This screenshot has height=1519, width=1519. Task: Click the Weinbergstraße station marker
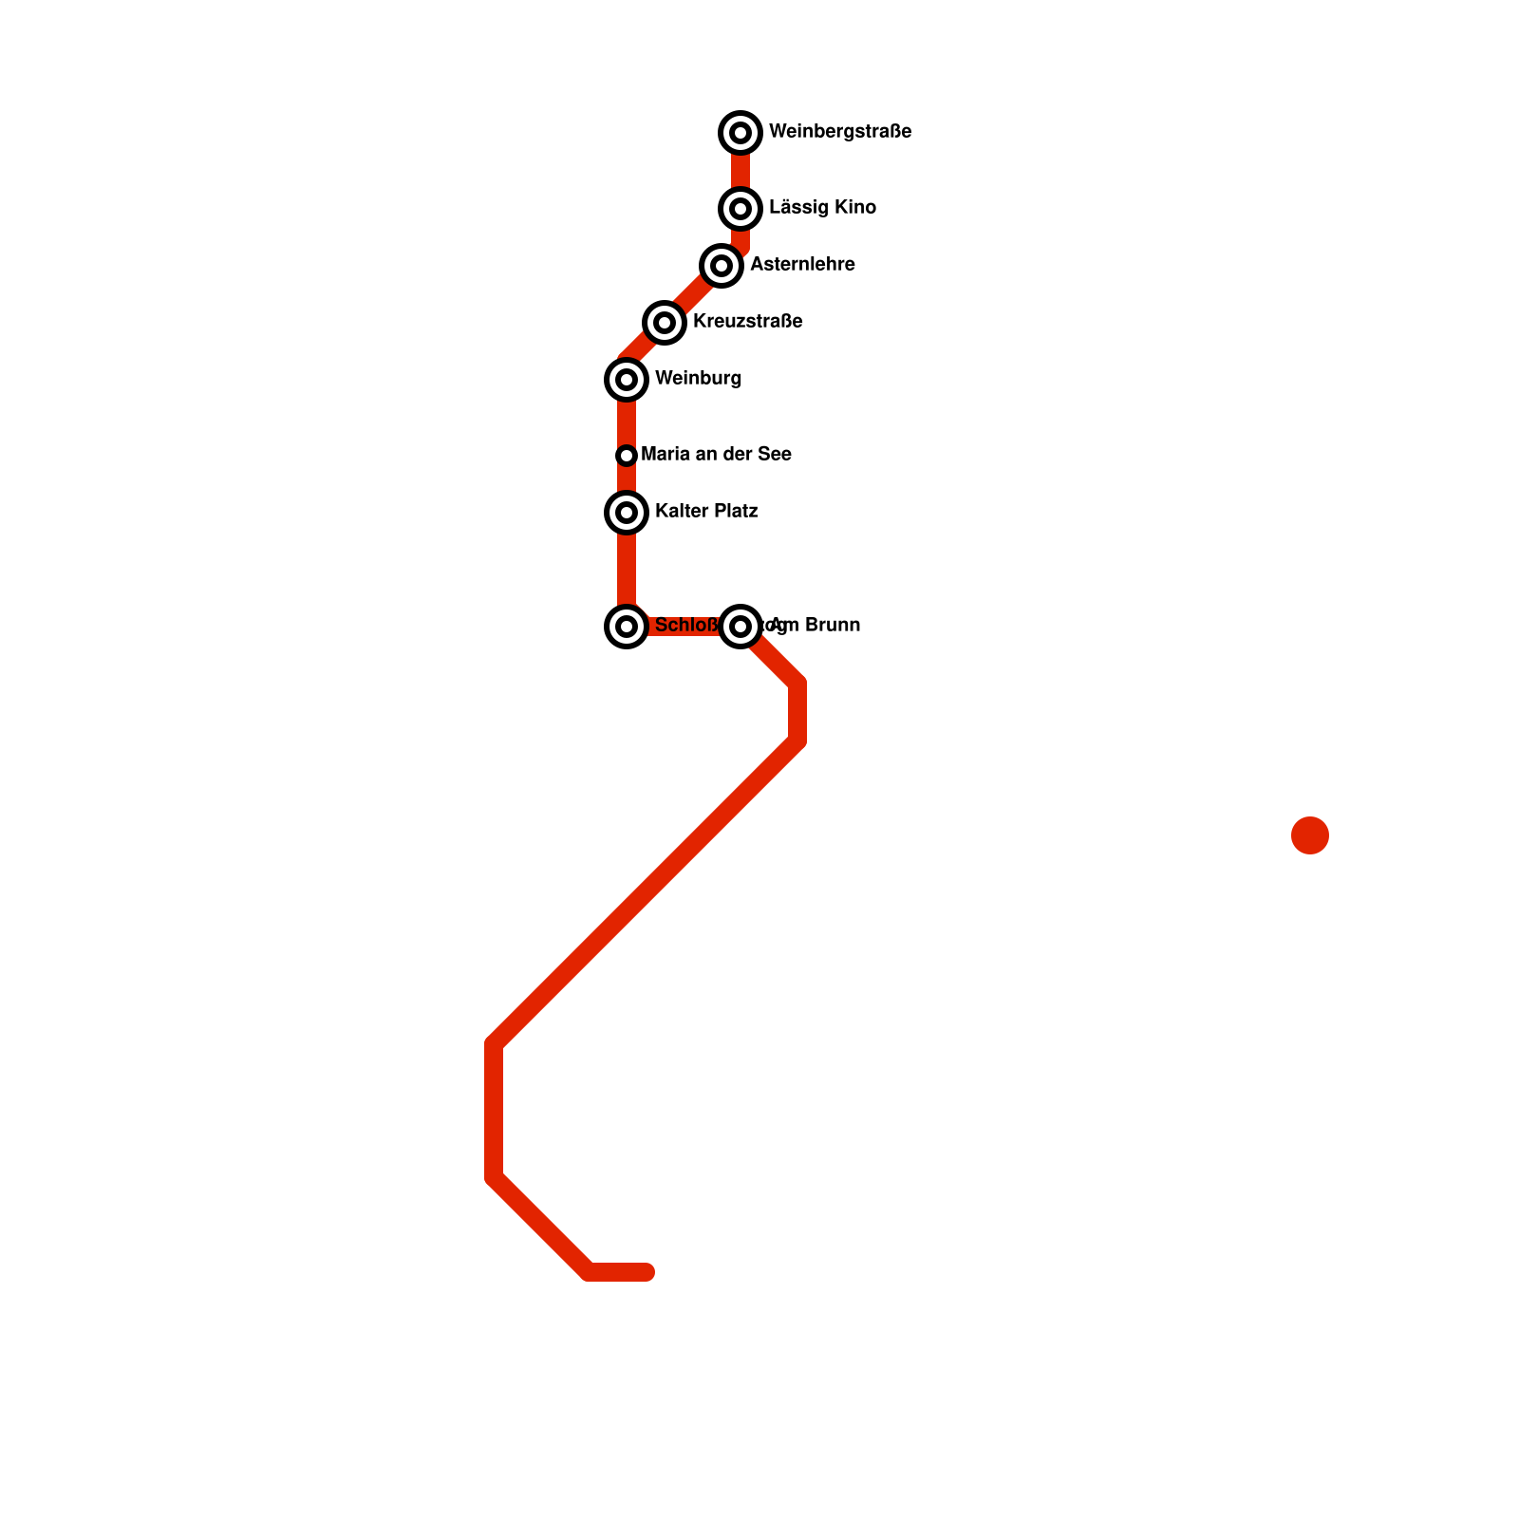(x=741, y=133)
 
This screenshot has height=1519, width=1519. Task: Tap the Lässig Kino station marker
(x=741, y=208)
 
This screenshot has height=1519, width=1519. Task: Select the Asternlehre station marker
(x=722, y=265)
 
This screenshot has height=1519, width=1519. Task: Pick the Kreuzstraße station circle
(x=665, y=323)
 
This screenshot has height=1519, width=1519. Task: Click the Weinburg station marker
(x=627, y=380)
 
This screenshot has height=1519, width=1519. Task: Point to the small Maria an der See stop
(x=627, y=456)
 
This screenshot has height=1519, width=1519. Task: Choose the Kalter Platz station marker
(x=627, y=513)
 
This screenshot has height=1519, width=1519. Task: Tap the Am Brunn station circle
(x=741, y=626)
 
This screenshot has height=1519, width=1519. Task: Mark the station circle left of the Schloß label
(x=627, y=626)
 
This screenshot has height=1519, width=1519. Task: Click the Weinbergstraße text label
(x=840, y=132)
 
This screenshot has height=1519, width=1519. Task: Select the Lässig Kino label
(x=822, y=208)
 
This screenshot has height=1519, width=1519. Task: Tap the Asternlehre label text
(x=802, y=265)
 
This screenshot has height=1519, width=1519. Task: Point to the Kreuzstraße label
(x=747, y=322)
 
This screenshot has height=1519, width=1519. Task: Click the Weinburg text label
(x=698, y=379)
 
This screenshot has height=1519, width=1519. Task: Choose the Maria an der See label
(x=716, y=455)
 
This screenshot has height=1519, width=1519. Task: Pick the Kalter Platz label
(x=706, y=512)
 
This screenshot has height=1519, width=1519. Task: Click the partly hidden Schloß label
(x=685, y=626)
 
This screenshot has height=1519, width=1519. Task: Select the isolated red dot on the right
(x=1309, y=835)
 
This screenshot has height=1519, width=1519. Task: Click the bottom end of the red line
(x=647, y=1272)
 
